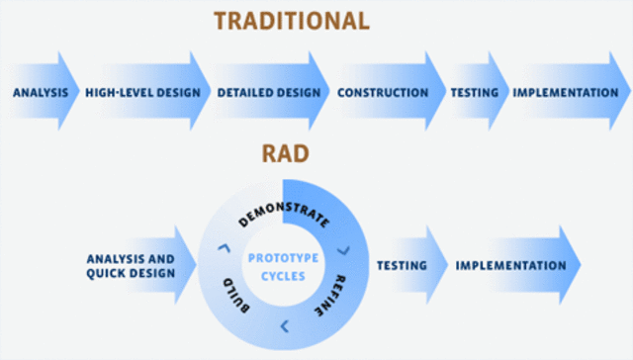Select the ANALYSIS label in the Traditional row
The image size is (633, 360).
coord(41,93)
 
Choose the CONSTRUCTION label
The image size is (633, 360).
coord(383,93)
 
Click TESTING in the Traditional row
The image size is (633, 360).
coord(473,93)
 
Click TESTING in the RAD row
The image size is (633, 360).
coord(402,266)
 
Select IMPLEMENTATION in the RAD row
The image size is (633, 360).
coord(510,266)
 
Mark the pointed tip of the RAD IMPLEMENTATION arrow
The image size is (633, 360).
coord(581,265)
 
